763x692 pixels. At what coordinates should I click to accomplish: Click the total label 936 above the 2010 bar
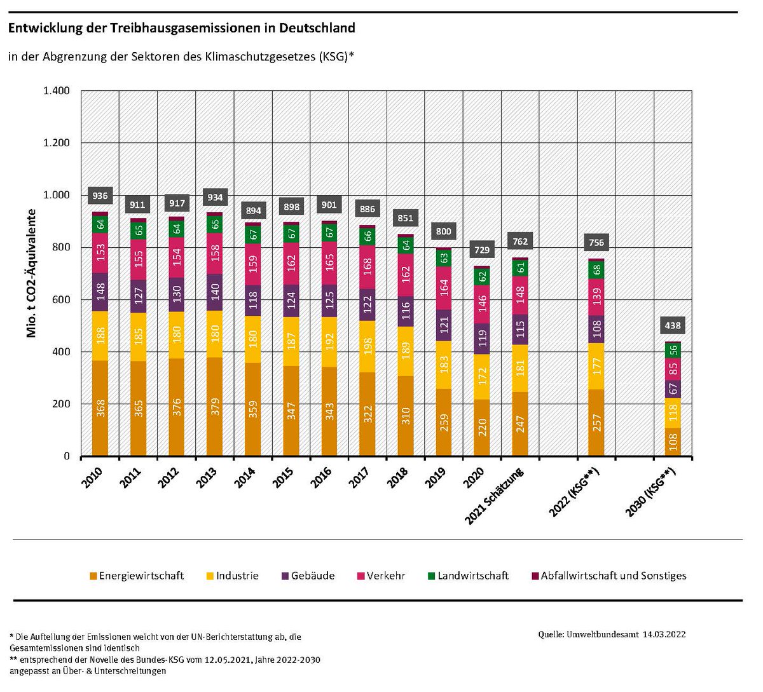(100, 196)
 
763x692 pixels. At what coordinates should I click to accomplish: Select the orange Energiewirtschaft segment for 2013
(214, 407)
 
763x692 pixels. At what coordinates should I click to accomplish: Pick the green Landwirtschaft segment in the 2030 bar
(673, 351)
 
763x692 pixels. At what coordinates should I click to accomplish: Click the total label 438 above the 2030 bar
(672, 325)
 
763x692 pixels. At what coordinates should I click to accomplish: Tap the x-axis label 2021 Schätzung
(495, 496)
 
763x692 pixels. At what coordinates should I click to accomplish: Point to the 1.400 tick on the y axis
(57, 91)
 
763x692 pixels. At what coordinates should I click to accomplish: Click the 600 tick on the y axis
(61, 300)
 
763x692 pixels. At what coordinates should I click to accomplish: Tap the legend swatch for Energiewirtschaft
(93, 576)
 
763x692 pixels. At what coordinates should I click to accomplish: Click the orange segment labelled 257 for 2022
(596, 423)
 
